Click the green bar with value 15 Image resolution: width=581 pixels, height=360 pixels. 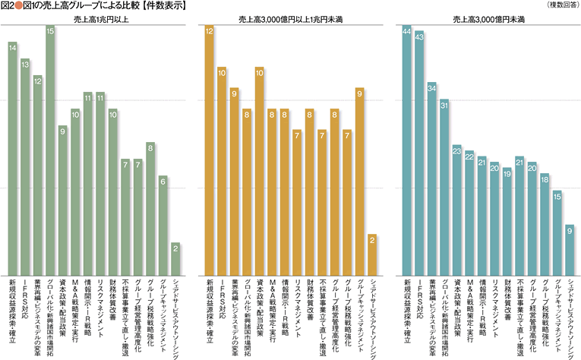[x=50, y=152]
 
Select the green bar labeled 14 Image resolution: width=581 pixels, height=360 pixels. [x=13, y=159]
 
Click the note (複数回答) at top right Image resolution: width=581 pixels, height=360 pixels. [x=560, y=5]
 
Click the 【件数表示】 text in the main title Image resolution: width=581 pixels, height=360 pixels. [x=166, y=6]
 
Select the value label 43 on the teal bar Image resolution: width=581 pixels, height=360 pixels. [x=419, y=33]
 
